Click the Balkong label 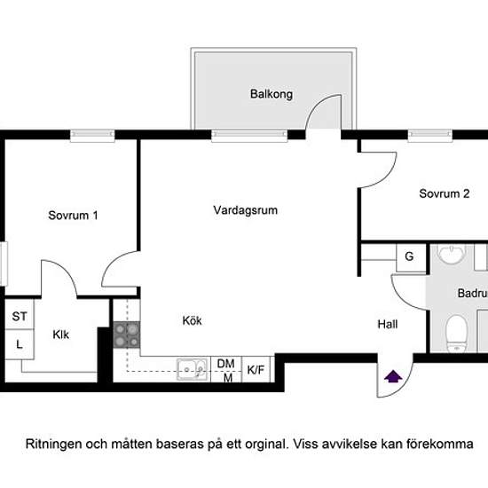(272, 94)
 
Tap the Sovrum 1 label (73, 216)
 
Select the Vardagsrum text (246, 210)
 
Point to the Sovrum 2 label (445, 193)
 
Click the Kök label (192, 320)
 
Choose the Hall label (388, 324)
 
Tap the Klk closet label (60, 335)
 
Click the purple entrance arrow (393, 376)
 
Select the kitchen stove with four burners (126, 335)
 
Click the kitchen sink (192, 369)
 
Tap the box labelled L (20, 344)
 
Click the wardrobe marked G (411, 258)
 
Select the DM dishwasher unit (226, 369)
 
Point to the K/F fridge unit (256, 369)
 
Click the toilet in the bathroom (457, 334)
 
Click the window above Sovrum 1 (92, 136)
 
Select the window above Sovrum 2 (430, 136)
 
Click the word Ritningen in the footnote (53, 445)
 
